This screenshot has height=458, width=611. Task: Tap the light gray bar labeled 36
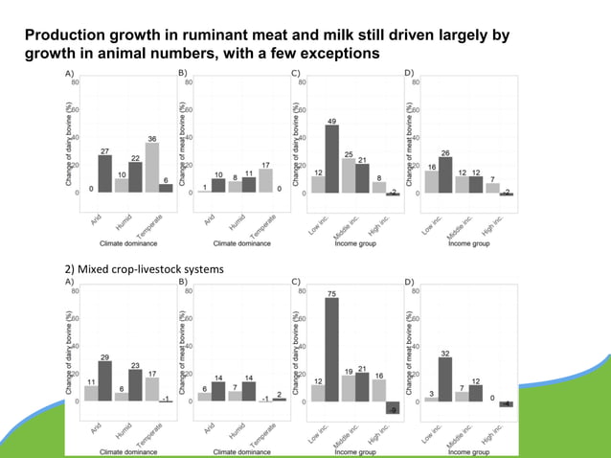coord(151,163)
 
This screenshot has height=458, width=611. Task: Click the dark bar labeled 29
coord(105,381)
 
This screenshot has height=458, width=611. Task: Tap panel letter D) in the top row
coord(409,73)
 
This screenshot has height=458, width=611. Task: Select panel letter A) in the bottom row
coord(69,283)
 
